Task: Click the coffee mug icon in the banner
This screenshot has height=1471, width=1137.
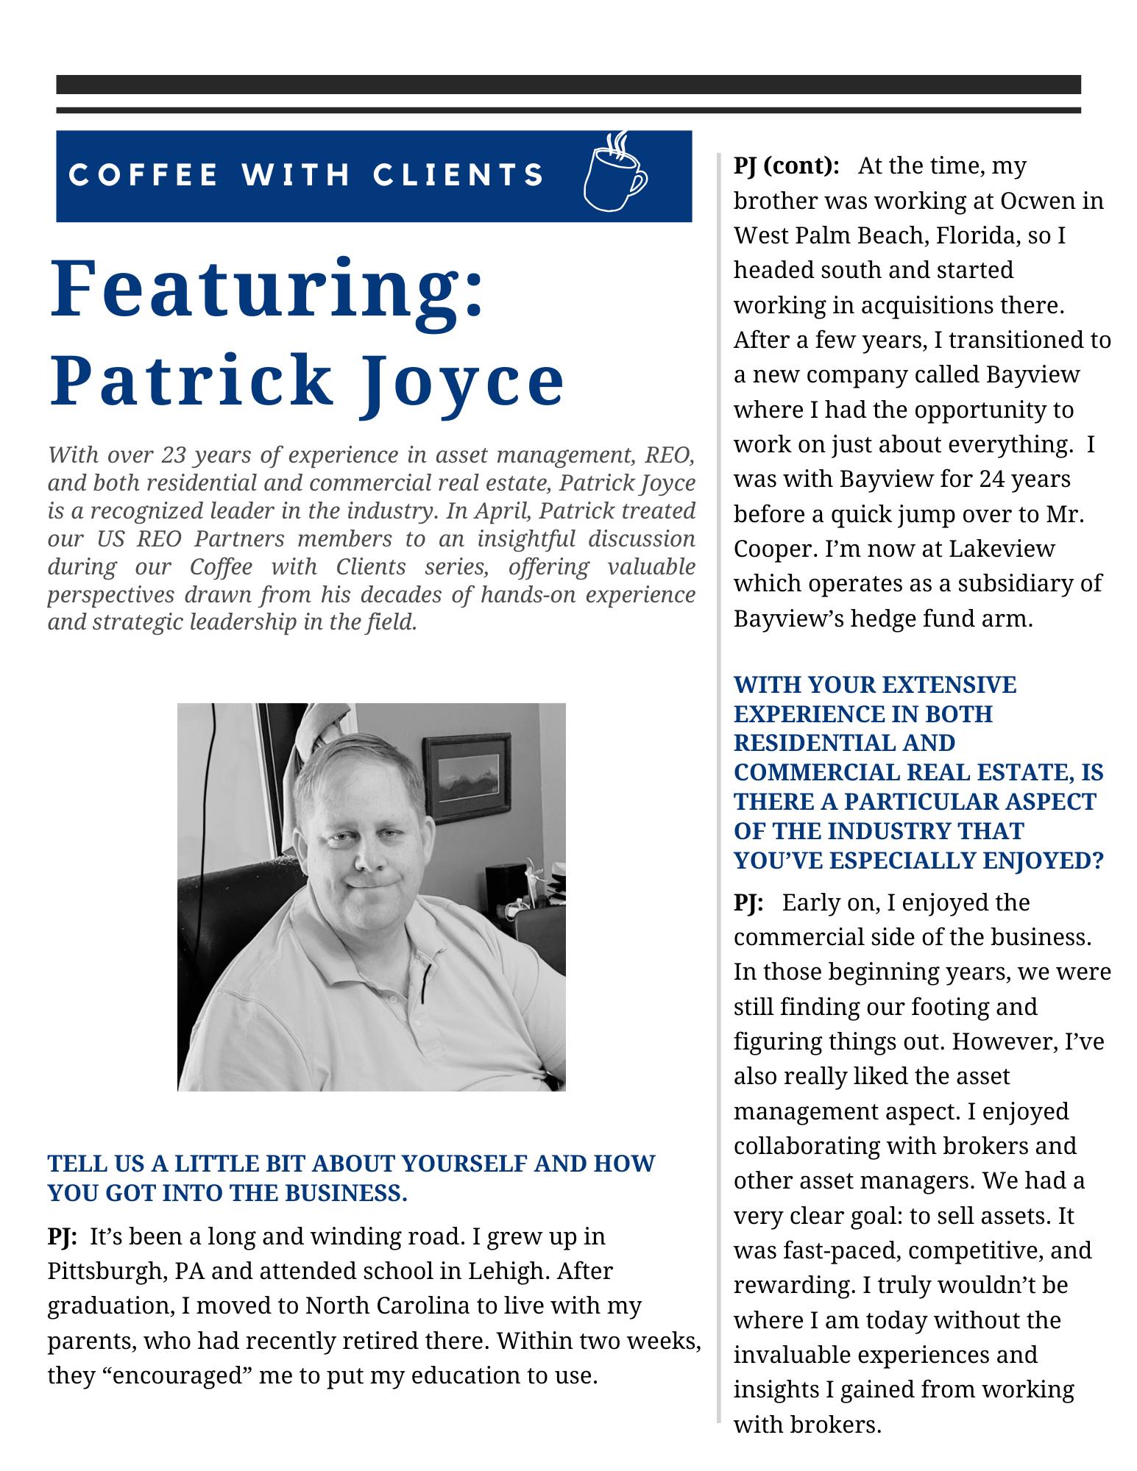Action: coord(613,174)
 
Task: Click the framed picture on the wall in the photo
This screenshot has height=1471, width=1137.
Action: coord(467,775)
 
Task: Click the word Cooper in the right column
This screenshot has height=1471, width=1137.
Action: coord(770,549)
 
